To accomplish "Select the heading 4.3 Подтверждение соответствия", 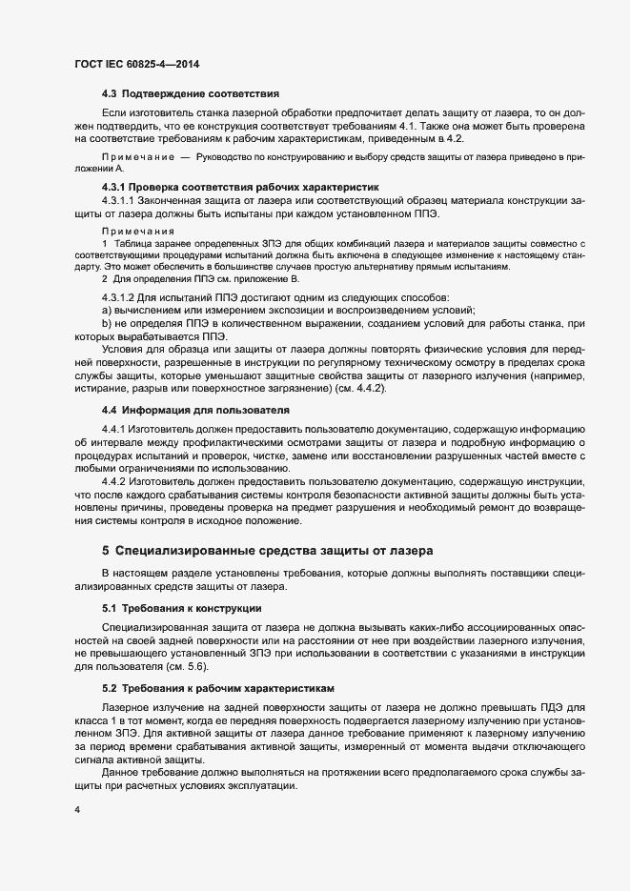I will pos(190,94).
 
